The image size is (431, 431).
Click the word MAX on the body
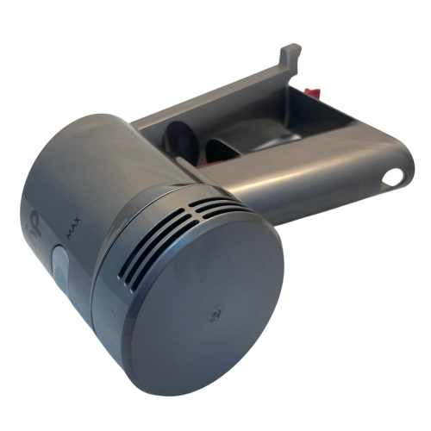[x=73, y=228]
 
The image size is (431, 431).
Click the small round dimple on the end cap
[x=213, y=316]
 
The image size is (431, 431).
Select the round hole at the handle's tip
[x=392, y=177]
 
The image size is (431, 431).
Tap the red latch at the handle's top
[x=315, y=91]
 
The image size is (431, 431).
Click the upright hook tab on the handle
[x=291, y=57]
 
